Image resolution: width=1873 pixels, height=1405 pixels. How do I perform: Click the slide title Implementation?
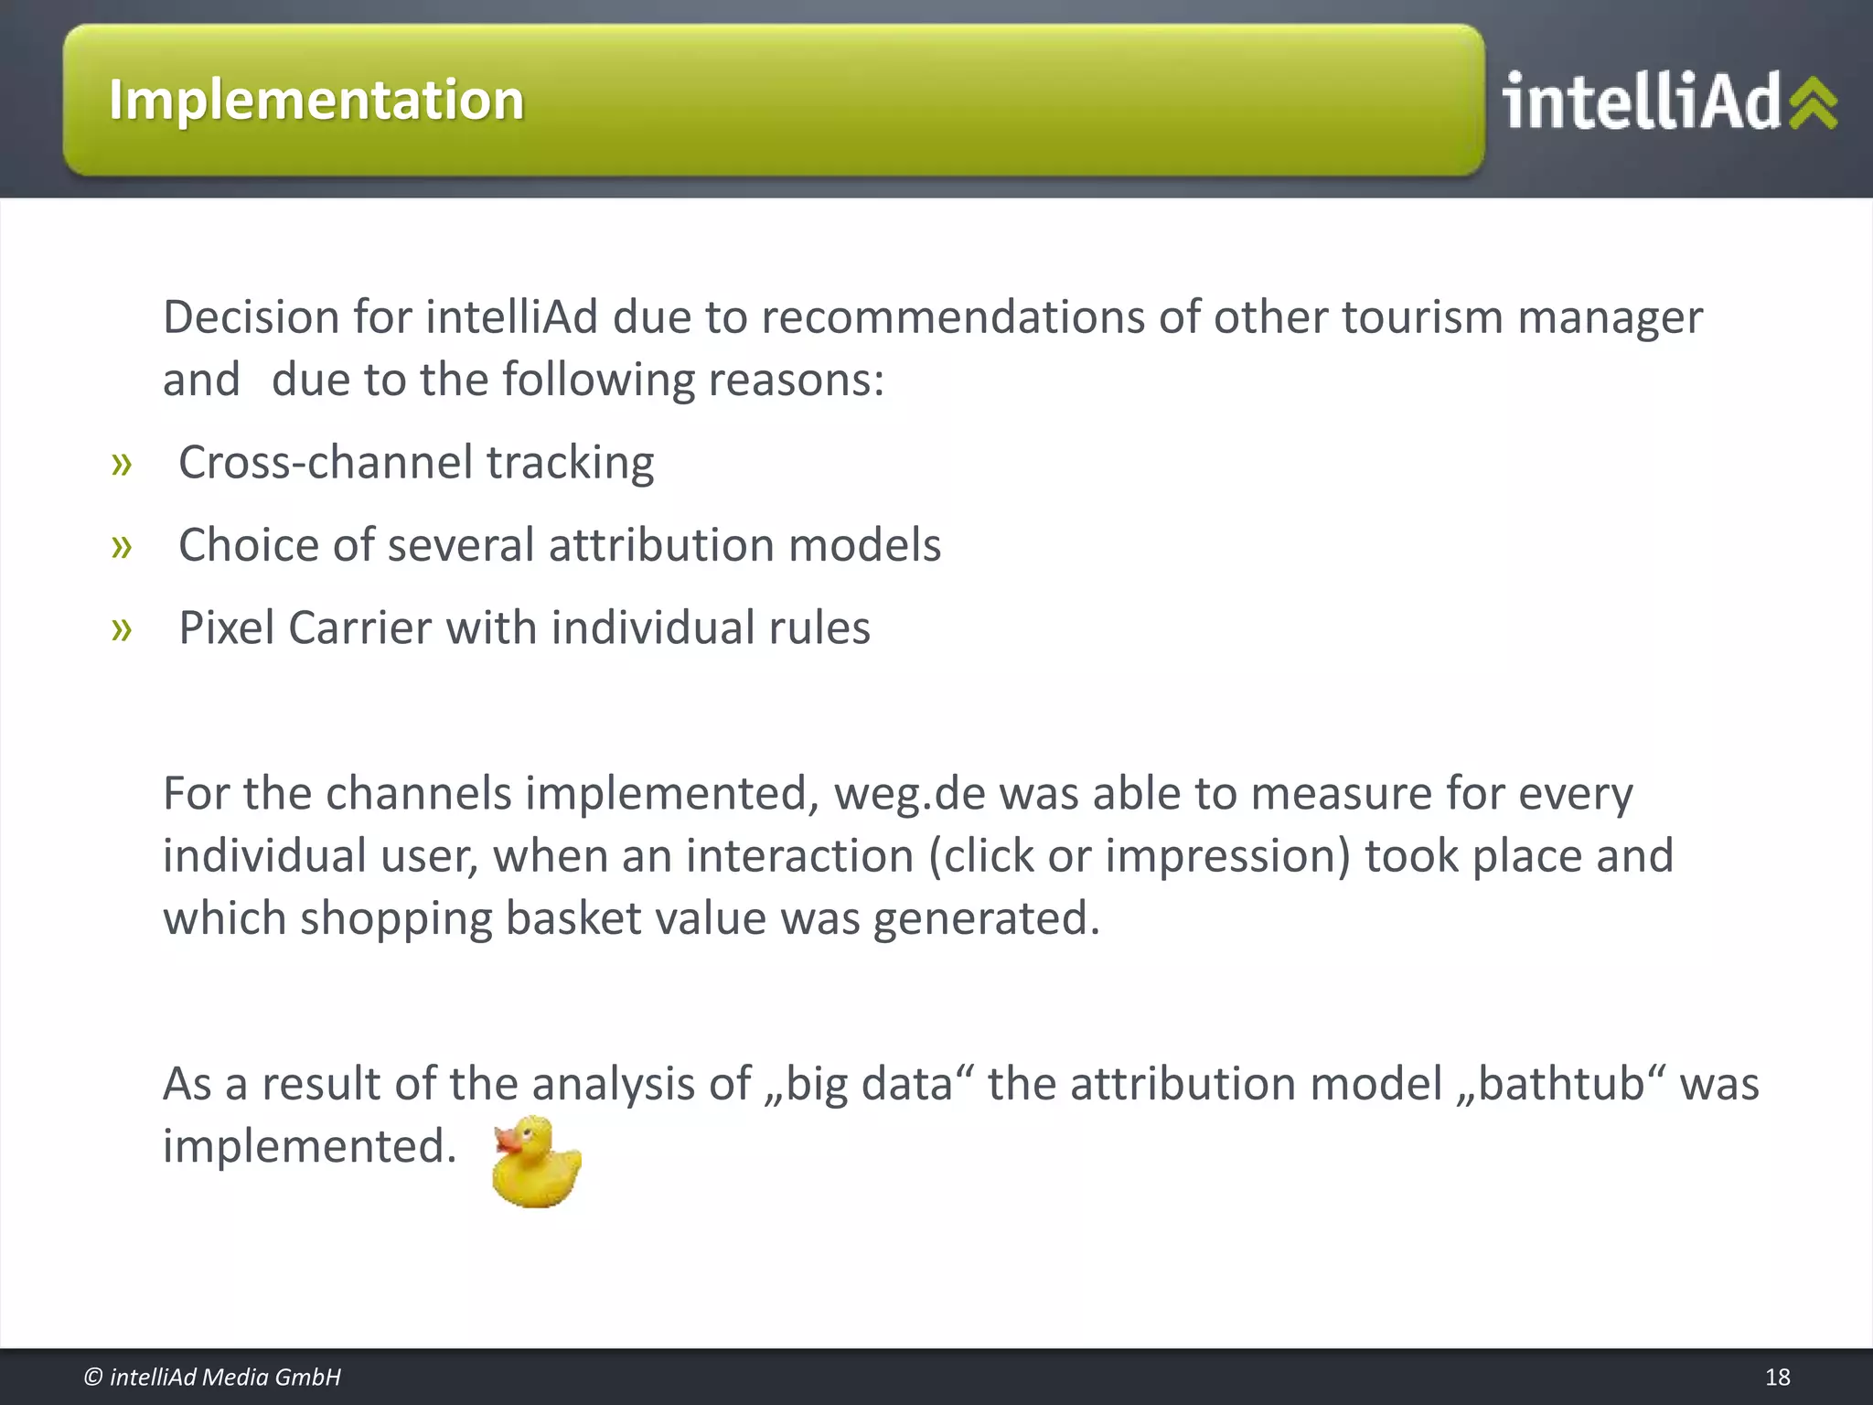click(316, 100)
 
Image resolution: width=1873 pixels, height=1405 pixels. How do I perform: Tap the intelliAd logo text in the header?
click(1642, 102)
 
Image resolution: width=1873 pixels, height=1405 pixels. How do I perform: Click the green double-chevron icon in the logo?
click(1813, 102)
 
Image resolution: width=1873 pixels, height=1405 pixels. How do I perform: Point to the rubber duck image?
click(536, 1162)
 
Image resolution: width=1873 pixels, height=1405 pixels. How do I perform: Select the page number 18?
click(1777, 1377)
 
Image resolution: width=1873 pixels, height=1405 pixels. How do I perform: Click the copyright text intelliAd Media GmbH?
click(212, 1377)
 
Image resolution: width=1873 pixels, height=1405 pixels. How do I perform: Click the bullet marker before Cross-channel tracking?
click(122, 464)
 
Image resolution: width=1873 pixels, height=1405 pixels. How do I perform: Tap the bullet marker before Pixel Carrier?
click(122, 629)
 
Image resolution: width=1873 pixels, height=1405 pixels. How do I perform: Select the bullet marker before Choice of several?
click(122, 547)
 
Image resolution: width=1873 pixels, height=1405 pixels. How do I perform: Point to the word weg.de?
click(909, 793)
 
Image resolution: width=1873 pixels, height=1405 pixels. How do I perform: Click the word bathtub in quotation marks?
click(1562, 1084)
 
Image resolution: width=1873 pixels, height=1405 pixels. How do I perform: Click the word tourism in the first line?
click(1422, 317)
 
